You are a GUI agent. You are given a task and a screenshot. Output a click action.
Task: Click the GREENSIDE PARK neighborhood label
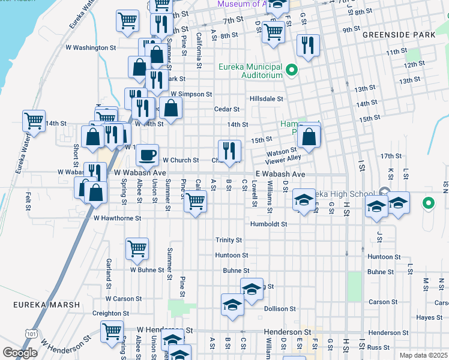coord(399,35)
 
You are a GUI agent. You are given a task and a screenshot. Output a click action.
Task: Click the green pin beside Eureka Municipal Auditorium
coord(292,71)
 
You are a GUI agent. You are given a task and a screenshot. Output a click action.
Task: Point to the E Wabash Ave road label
coord(280,174)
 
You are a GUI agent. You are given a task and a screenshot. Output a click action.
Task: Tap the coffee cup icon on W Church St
coord(147,155)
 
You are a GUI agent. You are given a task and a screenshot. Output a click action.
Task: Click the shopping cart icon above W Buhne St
coord(137,248)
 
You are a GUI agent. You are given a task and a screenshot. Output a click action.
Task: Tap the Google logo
coord(20,353)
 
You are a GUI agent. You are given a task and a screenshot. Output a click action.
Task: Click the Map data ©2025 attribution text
coord(423,355)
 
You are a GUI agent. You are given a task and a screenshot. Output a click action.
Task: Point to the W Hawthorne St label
coord(117,218)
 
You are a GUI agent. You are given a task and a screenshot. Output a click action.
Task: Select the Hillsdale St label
coord(267,98)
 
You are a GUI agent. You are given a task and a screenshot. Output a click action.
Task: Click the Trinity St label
coord(229,240)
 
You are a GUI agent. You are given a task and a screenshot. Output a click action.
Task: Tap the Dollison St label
coord(280,308)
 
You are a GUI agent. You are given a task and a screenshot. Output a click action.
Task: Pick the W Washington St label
coord(91,47)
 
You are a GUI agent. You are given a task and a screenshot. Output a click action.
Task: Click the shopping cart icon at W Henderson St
coord(112,330)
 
